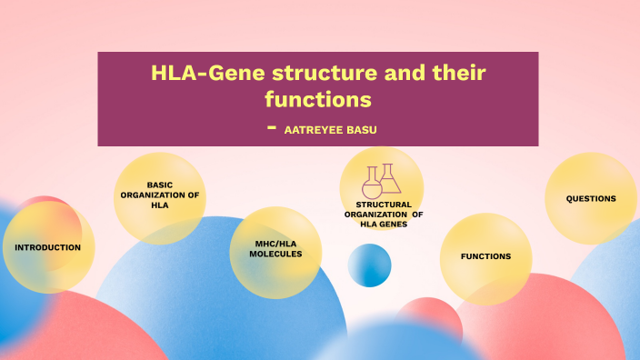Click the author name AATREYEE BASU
(x=330, y=130)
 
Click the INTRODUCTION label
(x=48, y=247)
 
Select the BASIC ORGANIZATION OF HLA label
(x=160, y=195)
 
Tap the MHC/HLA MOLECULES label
(x=275, y=248)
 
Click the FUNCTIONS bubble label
(x=485, y=256)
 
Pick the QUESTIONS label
(x=591, y=198)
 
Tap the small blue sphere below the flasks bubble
(x=369, y=265)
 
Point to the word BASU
(x=359, y=130)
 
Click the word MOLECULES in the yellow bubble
(x=275, y=254)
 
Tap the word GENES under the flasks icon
(x=392, y=224)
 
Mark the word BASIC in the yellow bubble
(x=160, y=185)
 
